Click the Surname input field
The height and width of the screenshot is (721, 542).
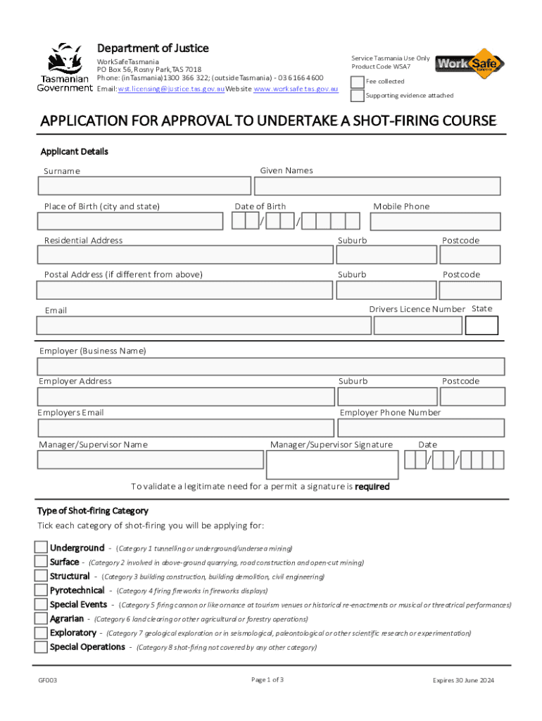tap(144, 186)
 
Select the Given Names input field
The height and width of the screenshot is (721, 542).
tap(377, 186)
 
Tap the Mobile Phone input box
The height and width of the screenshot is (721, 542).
tap(435, 222)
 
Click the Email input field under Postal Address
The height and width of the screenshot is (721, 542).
tap(203, 325)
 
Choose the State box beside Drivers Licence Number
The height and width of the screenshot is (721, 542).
tap(482, 325)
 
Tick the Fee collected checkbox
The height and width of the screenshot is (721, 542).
tap(358, 82)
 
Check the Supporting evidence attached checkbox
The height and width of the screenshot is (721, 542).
tap(358, 95)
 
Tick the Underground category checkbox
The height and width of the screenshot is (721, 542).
tap(42, 548)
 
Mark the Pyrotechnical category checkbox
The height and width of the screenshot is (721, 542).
tap(42, 590)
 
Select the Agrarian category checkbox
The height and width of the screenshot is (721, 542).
tap(42, 618)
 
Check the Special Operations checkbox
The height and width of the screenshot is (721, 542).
tap(42, 646)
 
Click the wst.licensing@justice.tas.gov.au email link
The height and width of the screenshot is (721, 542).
tap(171, 89)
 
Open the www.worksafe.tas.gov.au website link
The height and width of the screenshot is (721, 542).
tap(296, 89)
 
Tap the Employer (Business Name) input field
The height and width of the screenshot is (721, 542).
tap(270, 367)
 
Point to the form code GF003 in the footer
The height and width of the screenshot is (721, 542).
tap(48, 680)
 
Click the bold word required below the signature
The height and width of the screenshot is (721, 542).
tap(372, 487)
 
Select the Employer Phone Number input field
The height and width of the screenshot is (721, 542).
tap(421, 428)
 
